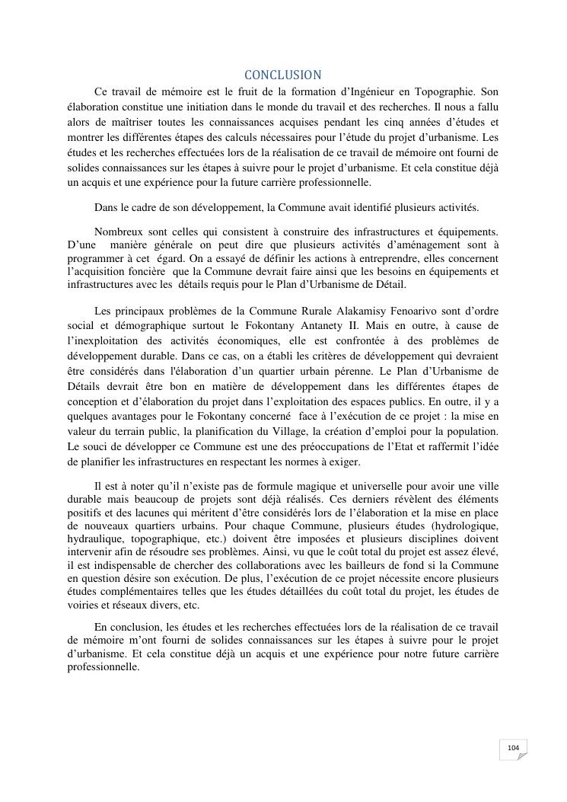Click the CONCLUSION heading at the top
[x=283, y=75]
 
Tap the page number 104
[x=513, y=748]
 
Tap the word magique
[x=308, y=486]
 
